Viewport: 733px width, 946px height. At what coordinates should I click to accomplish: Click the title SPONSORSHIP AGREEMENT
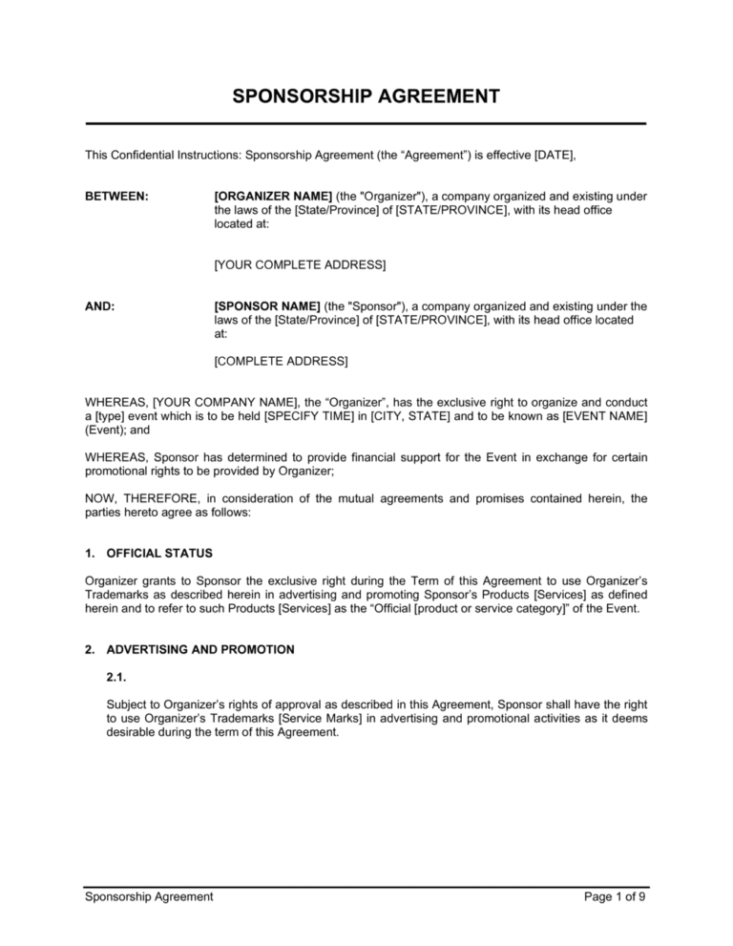point(366,96)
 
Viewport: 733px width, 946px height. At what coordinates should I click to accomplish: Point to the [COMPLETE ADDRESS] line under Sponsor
point(282,362)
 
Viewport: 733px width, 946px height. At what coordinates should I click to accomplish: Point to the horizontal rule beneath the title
point(366,123)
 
